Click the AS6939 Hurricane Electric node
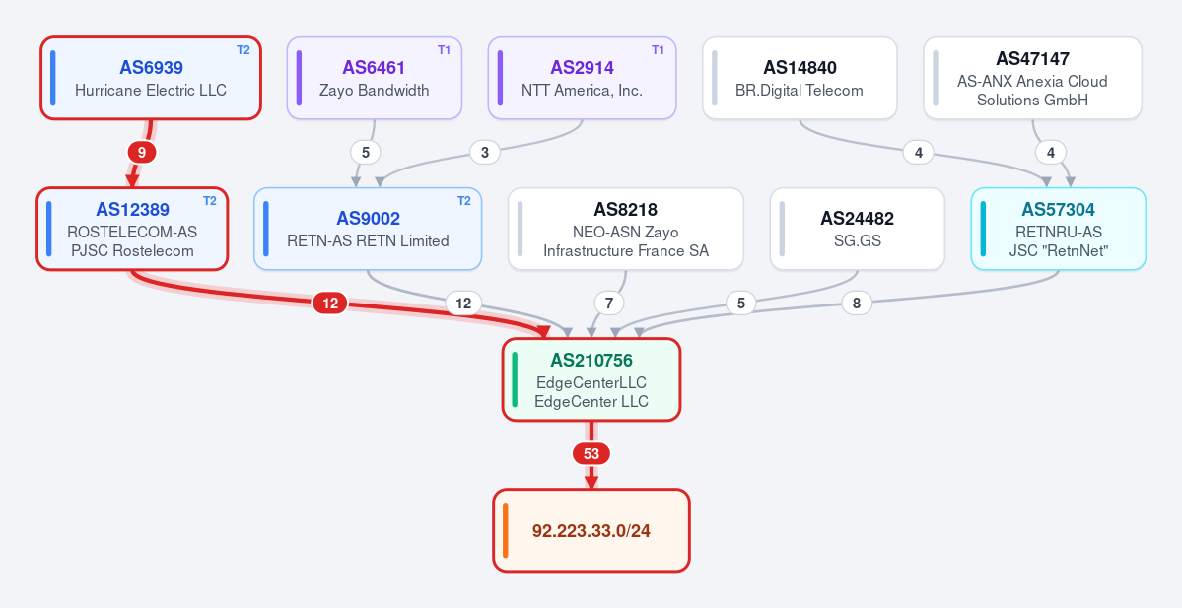pos(151,79)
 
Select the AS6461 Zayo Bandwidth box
pos(374,79)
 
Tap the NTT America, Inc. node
pos(582,79)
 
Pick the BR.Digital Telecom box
pos(800,79)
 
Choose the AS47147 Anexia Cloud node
pos(1033,79)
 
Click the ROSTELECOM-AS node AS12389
pos(132,229)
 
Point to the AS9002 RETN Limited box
pos(368,229)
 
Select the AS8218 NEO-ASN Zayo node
pos(626,229)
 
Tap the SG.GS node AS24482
pos(857,229)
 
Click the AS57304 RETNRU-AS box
pos(1059,229)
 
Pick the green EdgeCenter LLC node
pos(591,379)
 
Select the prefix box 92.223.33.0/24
pos(591,530)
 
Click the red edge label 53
pos(591,454)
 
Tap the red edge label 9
pos(142,153)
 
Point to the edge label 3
pos(485,153)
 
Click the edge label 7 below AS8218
pos(609,304)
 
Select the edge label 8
pos(857,304)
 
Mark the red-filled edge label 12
pos(330,304)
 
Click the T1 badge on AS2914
pos(659,50)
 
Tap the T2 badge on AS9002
pos(464,201)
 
